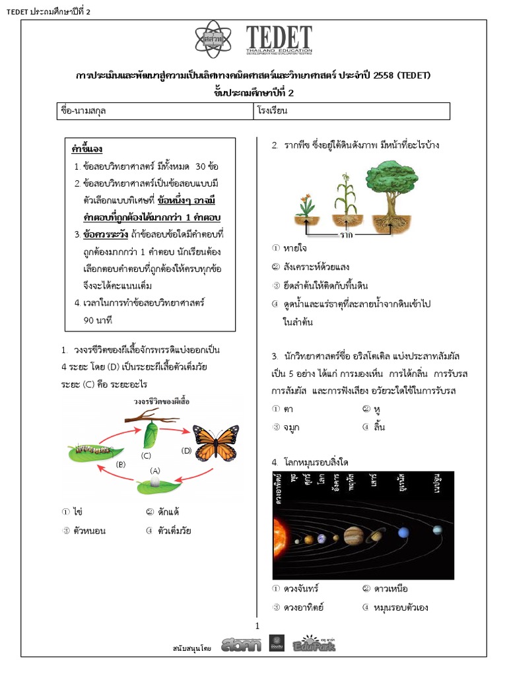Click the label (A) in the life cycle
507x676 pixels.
[155, 470]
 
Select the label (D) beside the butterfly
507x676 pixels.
[187, 451]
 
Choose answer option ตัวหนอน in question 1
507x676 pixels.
[90, 530]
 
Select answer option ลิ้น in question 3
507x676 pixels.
[378, 427]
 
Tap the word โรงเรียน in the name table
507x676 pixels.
[272, 111]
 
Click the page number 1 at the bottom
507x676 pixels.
[258, 625]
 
